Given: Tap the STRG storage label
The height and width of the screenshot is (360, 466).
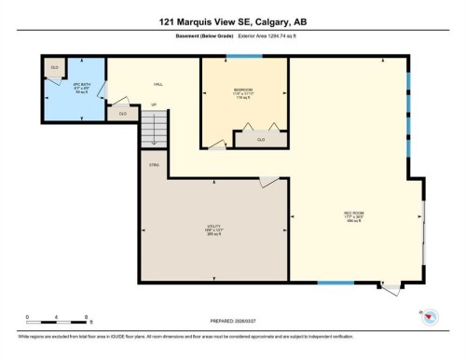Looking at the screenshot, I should tap(154, 164).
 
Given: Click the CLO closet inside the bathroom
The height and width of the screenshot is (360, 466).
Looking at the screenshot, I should tap(55, 68).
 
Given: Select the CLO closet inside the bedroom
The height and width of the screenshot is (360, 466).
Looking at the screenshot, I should tap(261, 139).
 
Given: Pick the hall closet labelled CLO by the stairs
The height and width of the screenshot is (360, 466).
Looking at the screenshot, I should tap(122, 113).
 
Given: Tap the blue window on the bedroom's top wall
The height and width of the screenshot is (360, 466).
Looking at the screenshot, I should tap(249, 56).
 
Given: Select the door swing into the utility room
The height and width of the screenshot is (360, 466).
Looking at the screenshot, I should tap(268, 179).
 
